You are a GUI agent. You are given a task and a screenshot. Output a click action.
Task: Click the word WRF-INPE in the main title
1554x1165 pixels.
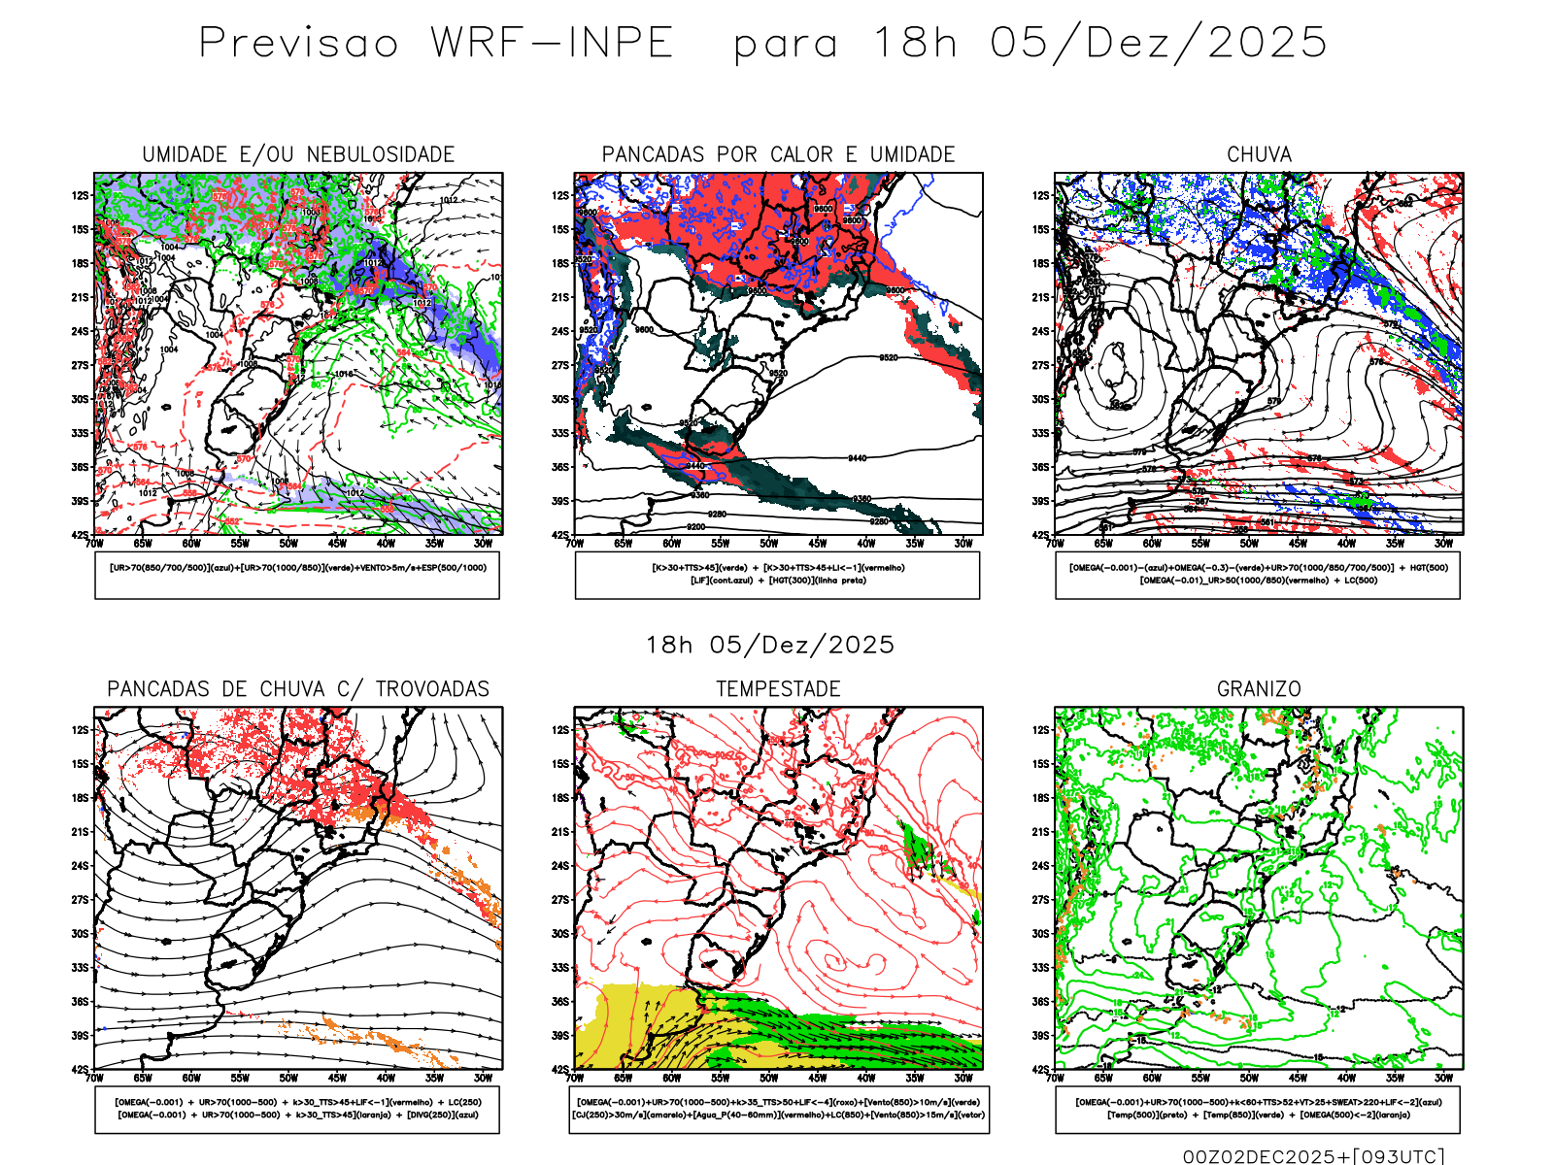tap(552, 44)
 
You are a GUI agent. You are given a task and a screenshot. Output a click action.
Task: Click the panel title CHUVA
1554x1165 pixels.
tap(1259, 154)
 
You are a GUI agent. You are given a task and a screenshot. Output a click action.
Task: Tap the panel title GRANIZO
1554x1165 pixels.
tap(1259, 689)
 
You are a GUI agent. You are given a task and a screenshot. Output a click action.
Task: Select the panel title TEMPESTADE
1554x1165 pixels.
tap(778, 689)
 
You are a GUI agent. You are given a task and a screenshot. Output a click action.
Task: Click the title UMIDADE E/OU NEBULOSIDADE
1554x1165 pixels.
tap(298, 154)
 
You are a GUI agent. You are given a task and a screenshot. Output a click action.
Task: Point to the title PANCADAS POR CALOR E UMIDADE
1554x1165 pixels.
tap(778, 154)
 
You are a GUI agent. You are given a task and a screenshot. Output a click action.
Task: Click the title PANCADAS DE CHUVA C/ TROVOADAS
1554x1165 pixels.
tap(298, 689)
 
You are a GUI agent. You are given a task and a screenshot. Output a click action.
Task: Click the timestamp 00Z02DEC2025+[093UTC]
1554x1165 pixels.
tap(1313, 1155)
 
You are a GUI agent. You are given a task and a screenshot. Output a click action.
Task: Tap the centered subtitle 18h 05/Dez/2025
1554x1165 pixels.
tap(770, 645)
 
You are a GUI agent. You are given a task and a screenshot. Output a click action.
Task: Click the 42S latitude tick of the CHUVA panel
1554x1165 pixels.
tap(1039, 535)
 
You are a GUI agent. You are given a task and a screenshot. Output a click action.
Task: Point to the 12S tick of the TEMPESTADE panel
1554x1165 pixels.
tap(559, 729)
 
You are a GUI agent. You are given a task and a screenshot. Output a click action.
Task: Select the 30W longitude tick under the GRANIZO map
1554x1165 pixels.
tap(1443, 1078)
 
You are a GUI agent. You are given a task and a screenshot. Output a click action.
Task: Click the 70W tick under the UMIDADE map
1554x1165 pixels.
tap(94, 544)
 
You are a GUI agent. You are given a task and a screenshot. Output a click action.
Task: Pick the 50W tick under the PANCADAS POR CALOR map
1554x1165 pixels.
tap(768, 544)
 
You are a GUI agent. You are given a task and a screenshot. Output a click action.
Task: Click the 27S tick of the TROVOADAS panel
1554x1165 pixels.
tap(79, 899)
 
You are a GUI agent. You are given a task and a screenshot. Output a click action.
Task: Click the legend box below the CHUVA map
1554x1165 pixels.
tap(1258, 575)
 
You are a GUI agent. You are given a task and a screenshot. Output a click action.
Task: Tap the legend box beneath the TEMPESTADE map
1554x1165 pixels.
tap(778, 1109)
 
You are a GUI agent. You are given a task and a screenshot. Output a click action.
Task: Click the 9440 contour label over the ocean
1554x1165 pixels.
tap(857, 458)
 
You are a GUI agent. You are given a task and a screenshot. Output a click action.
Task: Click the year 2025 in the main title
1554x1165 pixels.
tap(1267, 44)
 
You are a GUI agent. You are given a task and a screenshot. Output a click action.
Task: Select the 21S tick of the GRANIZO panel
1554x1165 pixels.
tap(1039, 831)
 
